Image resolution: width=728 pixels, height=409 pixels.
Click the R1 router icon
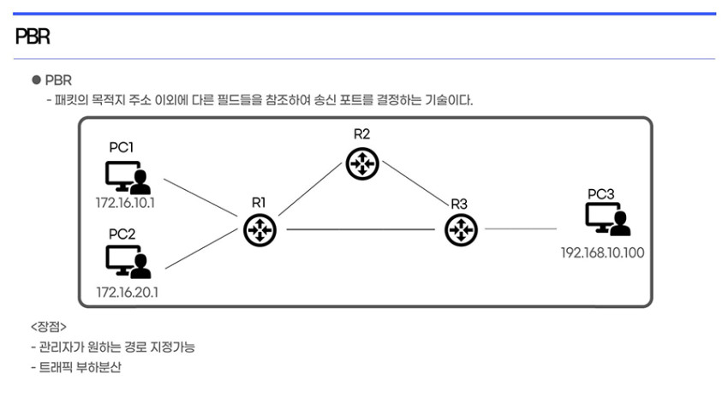click(260, 230)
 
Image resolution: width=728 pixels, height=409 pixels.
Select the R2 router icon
click(362, 163)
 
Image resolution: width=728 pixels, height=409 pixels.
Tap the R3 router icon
click(461, 230)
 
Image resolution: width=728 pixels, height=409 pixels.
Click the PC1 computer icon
click(128, 177)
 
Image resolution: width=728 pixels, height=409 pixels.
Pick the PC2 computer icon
click(128, 262)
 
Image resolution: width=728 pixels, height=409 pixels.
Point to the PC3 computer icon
click(608, 219)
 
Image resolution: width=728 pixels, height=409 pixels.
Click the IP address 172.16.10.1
click(125, 203)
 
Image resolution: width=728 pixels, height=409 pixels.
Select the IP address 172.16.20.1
click(128, 292)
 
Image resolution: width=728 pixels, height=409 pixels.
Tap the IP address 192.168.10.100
click(603, 252)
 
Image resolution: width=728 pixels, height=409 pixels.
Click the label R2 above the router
click(361, 134)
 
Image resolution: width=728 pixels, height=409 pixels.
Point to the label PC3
click(600, 194)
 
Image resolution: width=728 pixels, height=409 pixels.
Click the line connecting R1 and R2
click(310, 189)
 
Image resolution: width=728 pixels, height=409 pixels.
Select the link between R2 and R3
click(415, 183)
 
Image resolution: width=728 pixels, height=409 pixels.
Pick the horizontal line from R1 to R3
click(361, 229)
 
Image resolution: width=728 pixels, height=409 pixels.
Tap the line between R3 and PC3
click(521, 228)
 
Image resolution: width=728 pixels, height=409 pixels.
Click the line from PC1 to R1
click(200, 198)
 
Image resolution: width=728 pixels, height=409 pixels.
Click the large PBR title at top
click(33, 36)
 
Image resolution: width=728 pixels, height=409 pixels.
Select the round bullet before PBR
click(36, 80)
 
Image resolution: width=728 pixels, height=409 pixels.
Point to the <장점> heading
click(49, 327)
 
